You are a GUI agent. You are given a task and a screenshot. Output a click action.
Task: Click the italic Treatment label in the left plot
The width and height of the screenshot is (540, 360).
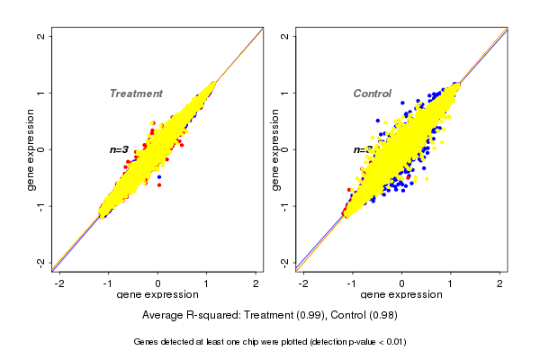click(136, 94)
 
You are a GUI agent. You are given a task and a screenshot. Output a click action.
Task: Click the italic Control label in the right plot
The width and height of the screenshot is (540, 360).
click(372, 94)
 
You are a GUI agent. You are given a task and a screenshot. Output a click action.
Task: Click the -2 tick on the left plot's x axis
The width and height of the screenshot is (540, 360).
click(60, 283)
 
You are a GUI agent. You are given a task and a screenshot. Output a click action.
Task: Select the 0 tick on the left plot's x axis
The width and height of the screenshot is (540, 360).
click(157, 283)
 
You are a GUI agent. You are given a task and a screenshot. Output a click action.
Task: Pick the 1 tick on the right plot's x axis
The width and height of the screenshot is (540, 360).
click(451, 283)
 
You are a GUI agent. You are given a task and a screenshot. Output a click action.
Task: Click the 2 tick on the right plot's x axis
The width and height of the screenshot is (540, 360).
click(500, 283)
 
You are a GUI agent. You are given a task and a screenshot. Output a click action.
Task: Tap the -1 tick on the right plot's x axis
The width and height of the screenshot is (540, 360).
click(353, 283)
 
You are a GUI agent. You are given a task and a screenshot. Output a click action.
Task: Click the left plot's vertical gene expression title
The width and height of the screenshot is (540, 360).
click(31, 149)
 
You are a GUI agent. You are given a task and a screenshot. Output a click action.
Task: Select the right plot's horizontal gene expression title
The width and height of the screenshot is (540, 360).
click(401, 295)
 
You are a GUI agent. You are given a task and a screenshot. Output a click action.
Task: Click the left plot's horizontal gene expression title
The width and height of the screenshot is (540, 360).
click(157, 295)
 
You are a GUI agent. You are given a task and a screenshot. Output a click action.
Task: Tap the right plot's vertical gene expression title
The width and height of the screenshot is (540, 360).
click(275, 149)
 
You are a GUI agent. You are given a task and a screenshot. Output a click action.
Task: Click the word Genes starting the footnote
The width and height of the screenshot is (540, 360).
click(147, 342)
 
